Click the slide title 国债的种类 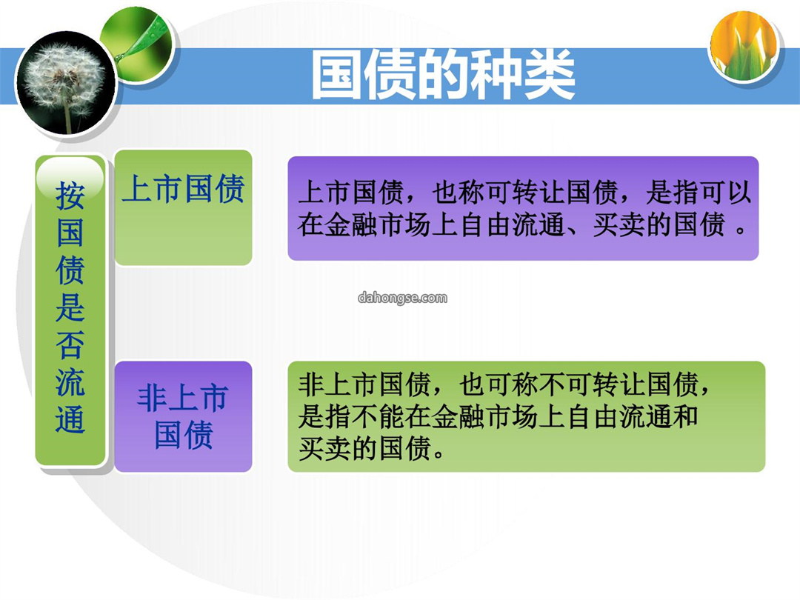click(443, 75)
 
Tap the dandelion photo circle click(65, 84)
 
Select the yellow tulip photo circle click(744, 47)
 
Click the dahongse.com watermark click(402, 298)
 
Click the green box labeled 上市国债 click(183, 207)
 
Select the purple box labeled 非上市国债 click(183, 416)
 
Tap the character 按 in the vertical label click(70, 196)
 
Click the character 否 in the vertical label click(70, 344)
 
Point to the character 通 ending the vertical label click(70, 419)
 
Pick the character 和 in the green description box click(686, 416)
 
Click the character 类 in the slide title click(550, 75)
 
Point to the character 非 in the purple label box click(152, 398)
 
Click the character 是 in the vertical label click(70, 307)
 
